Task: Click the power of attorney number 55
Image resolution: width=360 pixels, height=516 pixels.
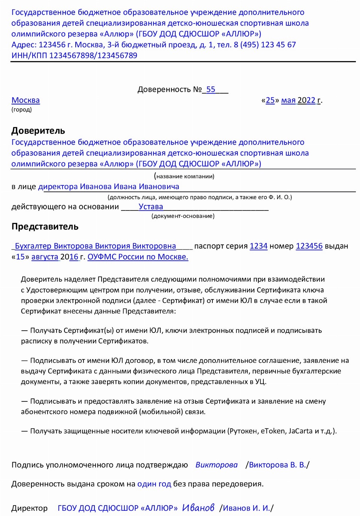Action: [211, 89]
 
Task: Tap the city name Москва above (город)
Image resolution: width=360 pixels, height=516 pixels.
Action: [25, 100]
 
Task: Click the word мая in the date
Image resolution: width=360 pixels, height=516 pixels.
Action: [288, 100]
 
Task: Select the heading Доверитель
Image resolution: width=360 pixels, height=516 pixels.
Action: [38, 131]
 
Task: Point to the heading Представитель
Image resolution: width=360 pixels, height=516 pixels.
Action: [45, 227]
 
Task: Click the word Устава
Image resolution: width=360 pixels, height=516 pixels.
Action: [151, 207]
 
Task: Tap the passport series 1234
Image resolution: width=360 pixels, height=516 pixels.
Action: [258, 246]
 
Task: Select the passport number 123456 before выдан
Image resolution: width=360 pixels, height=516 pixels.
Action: [309, 246]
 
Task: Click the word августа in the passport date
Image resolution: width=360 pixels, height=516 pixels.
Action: [45, 257]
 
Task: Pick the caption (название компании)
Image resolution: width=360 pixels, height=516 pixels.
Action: [184, 176]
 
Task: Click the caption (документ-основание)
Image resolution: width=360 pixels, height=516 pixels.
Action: [183, 216]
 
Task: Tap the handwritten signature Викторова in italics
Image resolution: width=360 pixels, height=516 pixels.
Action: [217, 465]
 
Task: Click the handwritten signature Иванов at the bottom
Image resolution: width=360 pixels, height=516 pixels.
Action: [198, 508]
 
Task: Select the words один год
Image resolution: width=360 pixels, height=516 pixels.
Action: [154, 484]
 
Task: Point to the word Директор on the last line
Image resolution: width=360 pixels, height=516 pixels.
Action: [29, 508]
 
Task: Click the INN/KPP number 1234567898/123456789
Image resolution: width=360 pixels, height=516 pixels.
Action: [93, 55]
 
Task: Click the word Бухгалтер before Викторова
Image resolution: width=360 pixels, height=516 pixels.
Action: [33, 246]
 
